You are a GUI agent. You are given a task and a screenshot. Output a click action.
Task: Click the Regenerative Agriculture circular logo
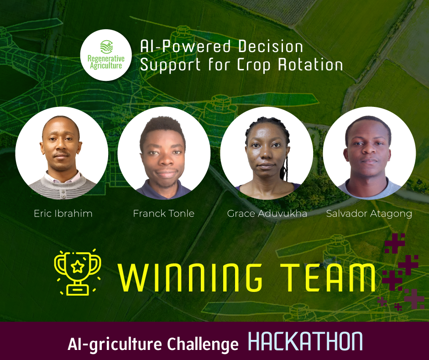pyautogui.click(x=106, y=55)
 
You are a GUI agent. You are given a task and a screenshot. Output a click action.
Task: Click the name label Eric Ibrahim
pyautogui.click(x=63, y=213)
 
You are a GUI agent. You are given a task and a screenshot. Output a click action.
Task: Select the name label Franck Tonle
pyautogui.click(x=163, y=213)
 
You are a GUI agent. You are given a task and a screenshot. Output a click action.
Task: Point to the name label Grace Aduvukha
pyautogui.click(x=267, y=213)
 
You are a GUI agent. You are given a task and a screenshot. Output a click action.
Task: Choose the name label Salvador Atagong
pyautogui.click(x=369, y=214)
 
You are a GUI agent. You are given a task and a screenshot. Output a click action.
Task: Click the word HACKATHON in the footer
pyautogui.click(x=305, y=341)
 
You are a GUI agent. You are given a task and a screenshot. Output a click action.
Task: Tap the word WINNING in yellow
pyautogui.click(x=190, y=277)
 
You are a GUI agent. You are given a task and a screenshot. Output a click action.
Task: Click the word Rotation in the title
pyautogui.click(x=310, y=65)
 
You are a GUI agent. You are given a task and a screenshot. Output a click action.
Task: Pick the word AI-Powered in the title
pyautogui.click(x=185, y=46)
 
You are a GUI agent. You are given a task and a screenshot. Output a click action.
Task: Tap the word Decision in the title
pyautogui.click(x=270, y=46)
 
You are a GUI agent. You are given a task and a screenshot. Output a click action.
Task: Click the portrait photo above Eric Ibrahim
pyautogui.click(x=62, y=153)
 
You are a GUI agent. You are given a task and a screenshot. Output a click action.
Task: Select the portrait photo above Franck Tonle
pyautogui.click(x=164, y=153)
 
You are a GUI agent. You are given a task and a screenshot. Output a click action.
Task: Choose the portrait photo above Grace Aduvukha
pyautogui.click(x=267, y=153)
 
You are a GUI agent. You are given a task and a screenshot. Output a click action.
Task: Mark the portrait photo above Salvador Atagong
pyautogui.click(x=369, y=153)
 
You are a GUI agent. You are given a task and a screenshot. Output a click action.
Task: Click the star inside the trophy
pyautogui.click(x=78, y=266)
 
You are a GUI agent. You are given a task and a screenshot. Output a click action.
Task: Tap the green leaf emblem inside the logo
pyautogui.click(x=106, y=47)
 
